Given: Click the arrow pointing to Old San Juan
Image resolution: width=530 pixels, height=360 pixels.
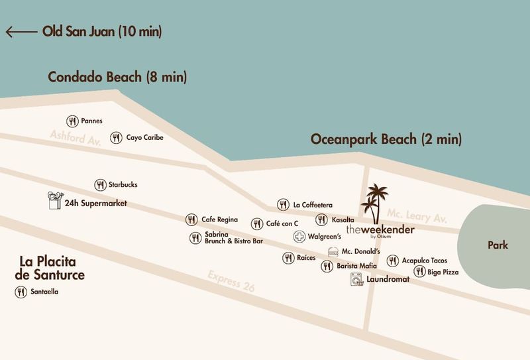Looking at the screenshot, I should [x=21, y=31].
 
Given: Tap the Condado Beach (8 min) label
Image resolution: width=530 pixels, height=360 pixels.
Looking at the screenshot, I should [x=117, y=77].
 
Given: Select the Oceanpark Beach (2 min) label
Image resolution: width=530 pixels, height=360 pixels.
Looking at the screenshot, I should [x=386, y=139].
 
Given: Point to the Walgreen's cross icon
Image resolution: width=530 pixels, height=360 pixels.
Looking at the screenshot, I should [x=299, y=237].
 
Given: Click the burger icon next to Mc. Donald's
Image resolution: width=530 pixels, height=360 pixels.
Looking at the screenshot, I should [x=333, y=253].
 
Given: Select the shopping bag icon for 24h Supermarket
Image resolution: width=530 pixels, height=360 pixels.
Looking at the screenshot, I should [x=54, y=201].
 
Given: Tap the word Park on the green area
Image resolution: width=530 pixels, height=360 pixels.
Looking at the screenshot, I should [x=498, y=245].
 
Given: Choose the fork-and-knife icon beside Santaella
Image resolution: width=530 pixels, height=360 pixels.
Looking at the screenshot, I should [x=21, y=292].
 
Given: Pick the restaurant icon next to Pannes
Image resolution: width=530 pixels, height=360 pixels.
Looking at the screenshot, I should [x=72, y=121].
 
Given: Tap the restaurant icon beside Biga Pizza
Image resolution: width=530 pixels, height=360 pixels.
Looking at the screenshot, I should [x=419, y=271].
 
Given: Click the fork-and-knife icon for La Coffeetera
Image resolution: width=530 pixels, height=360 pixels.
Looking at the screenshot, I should [x=284, y=204].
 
